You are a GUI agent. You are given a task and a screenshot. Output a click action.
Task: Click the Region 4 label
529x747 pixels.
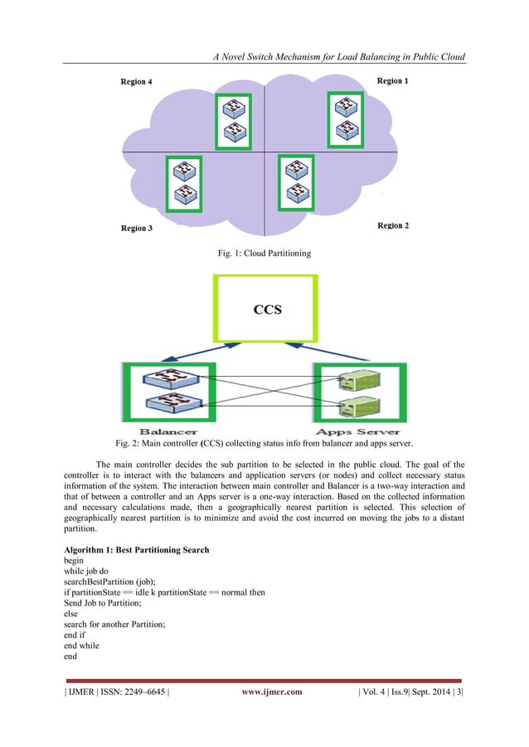[x=137, y=82]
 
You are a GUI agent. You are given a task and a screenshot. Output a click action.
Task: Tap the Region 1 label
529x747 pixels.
[x=392, y=81]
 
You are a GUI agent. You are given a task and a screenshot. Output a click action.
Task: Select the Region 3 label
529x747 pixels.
[x=137, y=228]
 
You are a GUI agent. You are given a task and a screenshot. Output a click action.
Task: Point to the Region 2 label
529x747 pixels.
[x=392, y=225]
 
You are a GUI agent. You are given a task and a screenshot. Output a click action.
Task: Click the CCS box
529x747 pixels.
[x=267, y=310]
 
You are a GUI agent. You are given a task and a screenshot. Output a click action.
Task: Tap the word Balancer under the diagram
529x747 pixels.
[x=168, y=431]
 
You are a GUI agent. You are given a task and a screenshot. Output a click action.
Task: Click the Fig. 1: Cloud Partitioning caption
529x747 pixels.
[x=264, y=253]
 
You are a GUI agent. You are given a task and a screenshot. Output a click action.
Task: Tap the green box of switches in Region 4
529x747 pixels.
[x=233, y=120]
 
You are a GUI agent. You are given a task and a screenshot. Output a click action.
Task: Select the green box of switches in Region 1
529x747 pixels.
[x=343, y=119]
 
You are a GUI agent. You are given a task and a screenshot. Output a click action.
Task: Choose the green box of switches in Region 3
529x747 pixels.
[x=183, y=183]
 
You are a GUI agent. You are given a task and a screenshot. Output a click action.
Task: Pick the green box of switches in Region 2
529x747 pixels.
[x=294, y=183]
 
